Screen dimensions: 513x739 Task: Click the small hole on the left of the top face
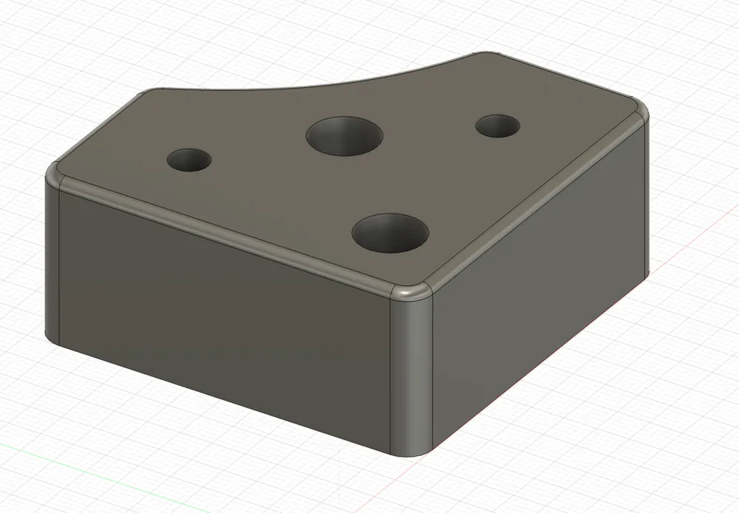[189, 160]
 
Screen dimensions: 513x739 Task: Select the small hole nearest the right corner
[497, 125]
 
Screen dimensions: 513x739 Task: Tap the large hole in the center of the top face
[344, 135]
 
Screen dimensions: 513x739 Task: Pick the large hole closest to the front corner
[391, 232]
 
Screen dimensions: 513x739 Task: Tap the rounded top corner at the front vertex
[411, 293]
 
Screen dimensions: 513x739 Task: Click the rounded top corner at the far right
[638, 111]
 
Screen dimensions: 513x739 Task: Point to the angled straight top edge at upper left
[96, 129]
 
